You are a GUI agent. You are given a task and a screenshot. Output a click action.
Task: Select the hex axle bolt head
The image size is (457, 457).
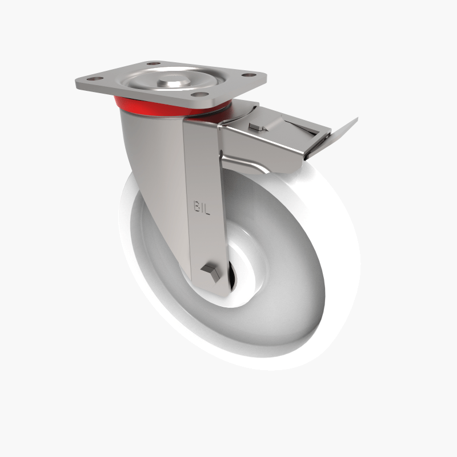click(210, 272)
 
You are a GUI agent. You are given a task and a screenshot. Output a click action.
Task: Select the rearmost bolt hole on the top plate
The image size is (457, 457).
click(153, 63)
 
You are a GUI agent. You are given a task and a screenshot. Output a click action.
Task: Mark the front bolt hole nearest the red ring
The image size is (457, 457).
click(198, 94)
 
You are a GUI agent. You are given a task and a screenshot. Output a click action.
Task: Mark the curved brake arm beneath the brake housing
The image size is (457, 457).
click(251, 166)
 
